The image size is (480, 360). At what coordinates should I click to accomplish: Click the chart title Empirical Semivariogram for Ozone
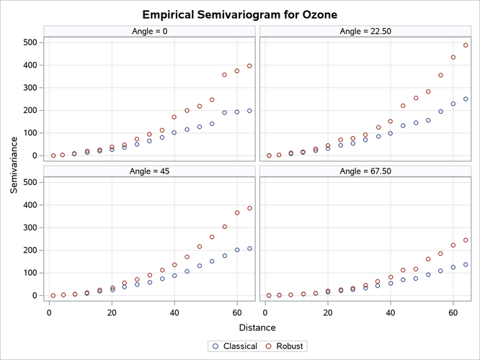[240, 14]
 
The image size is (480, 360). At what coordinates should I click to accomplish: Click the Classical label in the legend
[241, 346]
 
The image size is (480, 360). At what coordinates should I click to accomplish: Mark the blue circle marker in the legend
[216, 346]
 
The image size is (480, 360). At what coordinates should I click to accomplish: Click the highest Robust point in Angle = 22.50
[466, 45]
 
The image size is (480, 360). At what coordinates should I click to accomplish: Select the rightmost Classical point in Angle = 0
[250, 111]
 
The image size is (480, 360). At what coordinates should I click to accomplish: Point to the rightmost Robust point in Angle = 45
[250, 208]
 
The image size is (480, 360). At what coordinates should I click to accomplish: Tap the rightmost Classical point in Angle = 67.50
[466, 264]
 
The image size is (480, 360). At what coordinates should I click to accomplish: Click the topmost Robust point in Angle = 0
[250, 66]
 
